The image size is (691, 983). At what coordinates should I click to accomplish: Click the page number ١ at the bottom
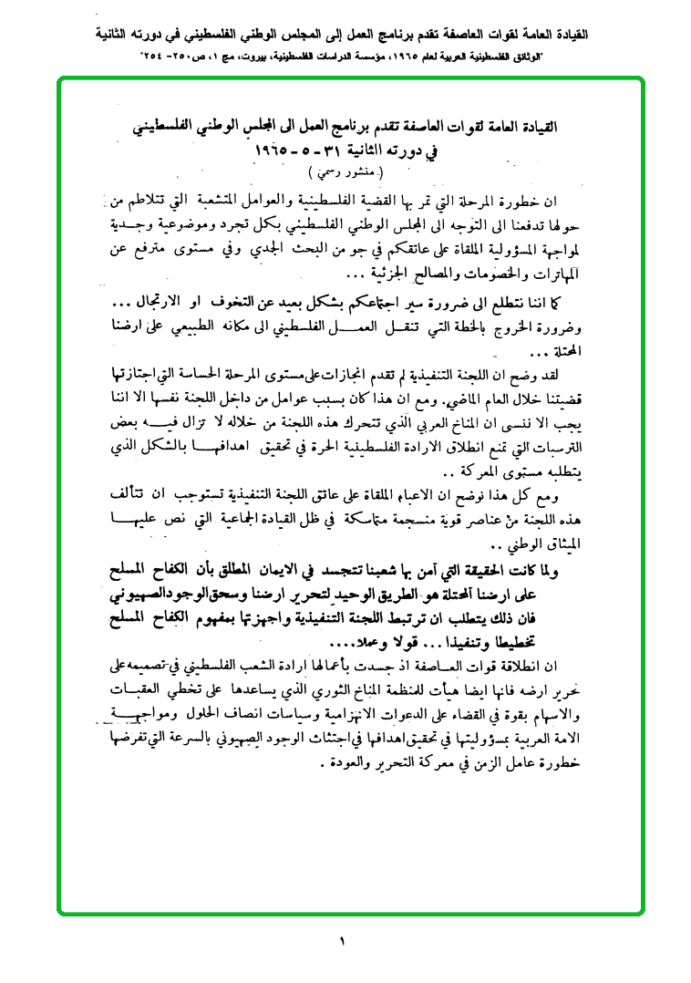pos(344,940)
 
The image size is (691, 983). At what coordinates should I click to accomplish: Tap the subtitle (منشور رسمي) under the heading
pos(345,171)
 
